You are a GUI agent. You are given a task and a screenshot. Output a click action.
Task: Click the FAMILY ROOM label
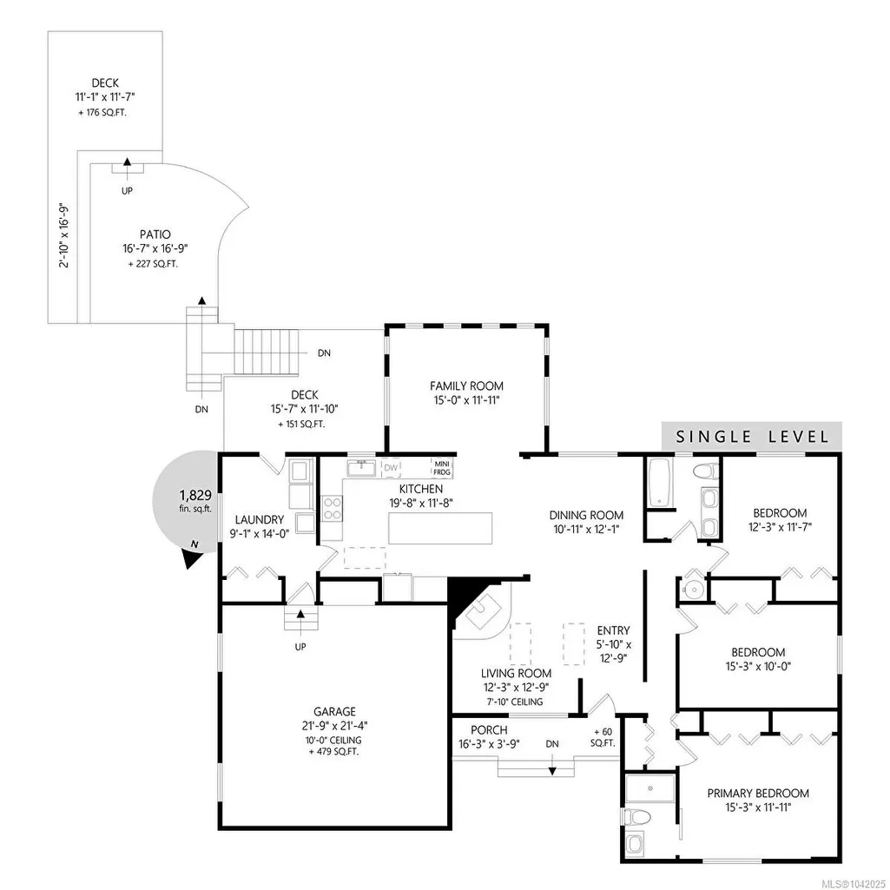(466, 386)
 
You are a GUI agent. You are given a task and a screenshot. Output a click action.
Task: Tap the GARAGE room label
(335, 711)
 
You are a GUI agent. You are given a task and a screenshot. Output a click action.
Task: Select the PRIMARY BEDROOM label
(758, 793)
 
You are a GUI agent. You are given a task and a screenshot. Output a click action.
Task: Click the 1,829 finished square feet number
(195, 495)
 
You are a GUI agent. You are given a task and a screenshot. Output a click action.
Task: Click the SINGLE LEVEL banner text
(752, 437)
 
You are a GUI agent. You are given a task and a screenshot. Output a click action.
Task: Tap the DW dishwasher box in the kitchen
(391, 468)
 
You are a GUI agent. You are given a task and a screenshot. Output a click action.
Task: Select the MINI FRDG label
(442, 468)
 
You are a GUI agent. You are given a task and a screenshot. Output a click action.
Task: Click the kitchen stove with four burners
(332, 508)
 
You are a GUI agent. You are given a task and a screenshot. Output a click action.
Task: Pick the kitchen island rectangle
(440, 528)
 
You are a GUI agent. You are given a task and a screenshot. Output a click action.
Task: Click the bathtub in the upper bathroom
(660, 483)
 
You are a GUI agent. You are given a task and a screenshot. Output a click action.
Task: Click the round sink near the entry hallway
(691, 590)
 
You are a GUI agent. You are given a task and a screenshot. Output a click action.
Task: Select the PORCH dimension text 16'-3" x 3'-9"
(489, 744)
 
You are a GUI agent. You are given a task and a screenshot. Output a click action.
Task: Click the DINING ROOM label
(586, 516)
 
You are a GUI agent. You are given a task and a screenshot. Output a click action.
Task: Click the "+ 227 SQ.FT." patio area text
(153, 264)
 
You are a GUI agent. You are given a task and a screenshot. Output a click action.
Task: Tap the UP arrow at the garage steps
(300, 614)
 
